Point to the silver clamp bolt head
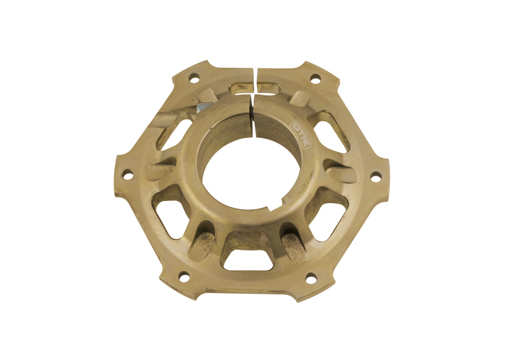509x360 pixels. (x=202, y=108)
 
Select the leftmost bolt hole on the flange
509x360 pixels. (x=128, y=175)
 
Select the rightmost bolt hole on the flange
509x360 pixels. (x=375, y=177)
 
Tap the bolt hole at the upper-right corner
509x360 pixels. (x=315, y=79)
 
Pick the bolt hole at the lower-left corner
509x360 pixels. (x=184, y=277)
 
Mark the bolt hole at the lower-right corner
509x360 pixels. (x=310, y=278)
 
